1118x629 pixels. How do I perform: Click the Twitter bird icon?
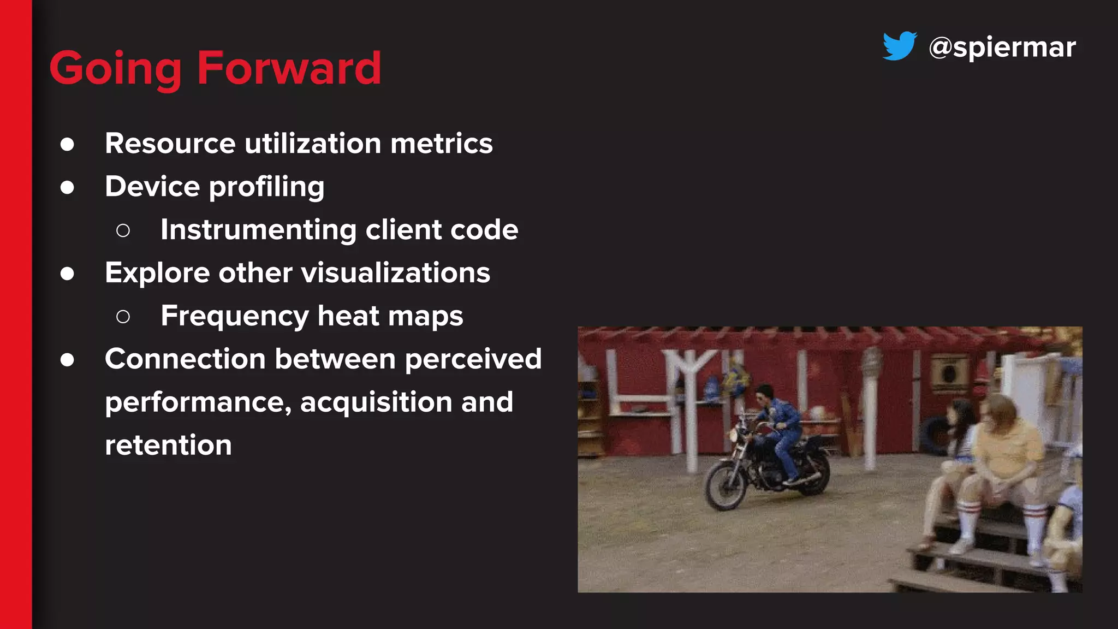point(900,46)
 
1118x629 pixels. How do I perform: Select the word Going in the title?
point(115,69)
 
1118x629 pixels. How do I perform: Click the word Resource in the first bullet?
point(170,144)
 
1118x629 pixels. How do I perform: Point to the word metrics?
point(441,144)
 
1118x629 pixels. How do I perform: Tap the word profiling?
point(266,187)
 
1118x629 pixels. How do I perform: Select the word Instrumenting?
point(258,230)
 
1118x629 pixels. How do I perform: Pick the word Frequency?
point(235,316)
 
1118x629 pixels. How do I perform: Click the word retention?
point(168,445)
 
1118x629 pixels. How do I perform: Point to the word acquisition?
point(376,402)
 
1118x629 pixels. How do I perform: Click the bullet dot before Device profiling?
point(67,187)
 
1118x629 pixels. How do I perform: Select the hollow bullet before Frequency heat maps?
point(123,316)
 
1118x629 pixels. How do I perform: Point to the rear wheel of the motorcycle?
point(813,474)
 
